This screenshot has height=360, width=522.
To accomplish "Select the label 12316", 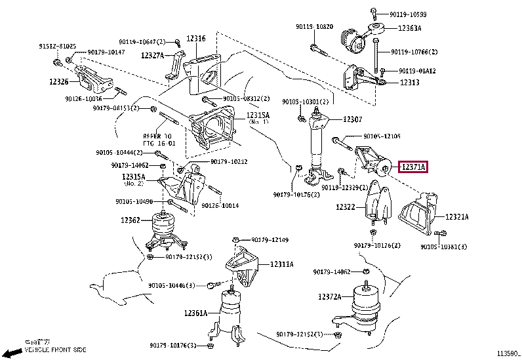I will coord(195,39).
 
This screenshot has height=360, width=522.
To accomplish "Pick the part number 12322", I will coord(346,207).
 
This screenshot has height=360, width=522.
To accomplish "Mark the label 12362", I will coord(130,220).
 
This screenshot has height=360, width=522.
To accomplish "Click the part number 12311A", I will coord(282,264).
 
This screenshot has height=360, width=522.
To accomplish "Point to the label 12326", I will coord(58,82).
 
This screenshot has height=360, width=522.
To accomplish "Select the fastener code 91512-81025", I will coord(58,47).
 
